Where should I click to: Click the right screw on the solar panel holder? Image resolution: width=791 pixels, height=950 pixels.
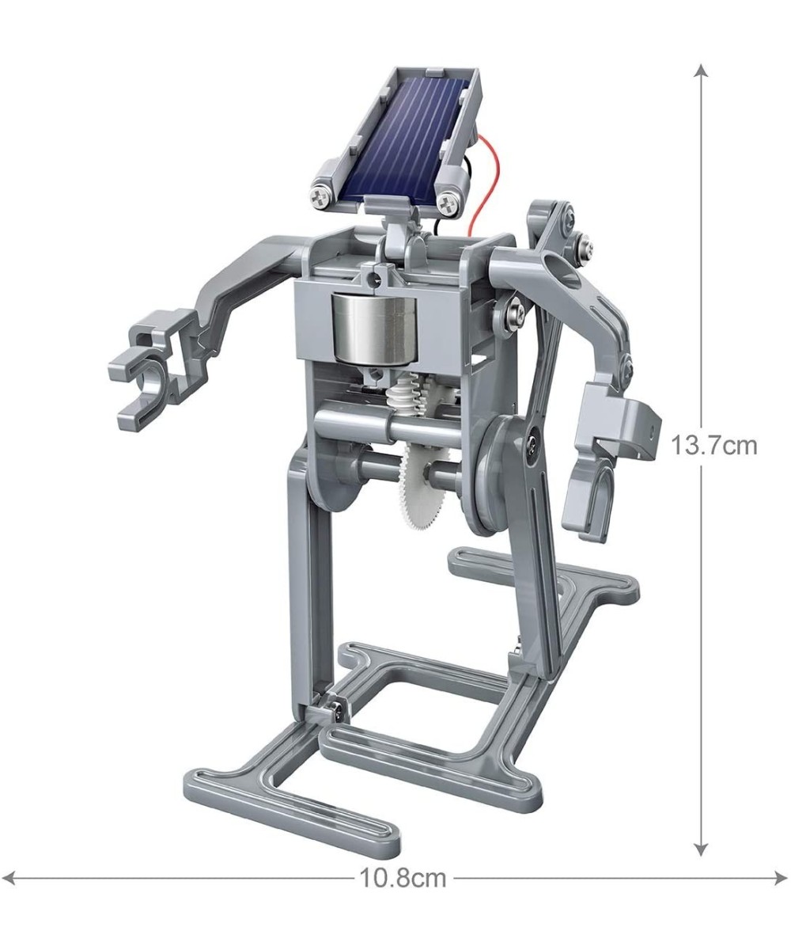(449, 203)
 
